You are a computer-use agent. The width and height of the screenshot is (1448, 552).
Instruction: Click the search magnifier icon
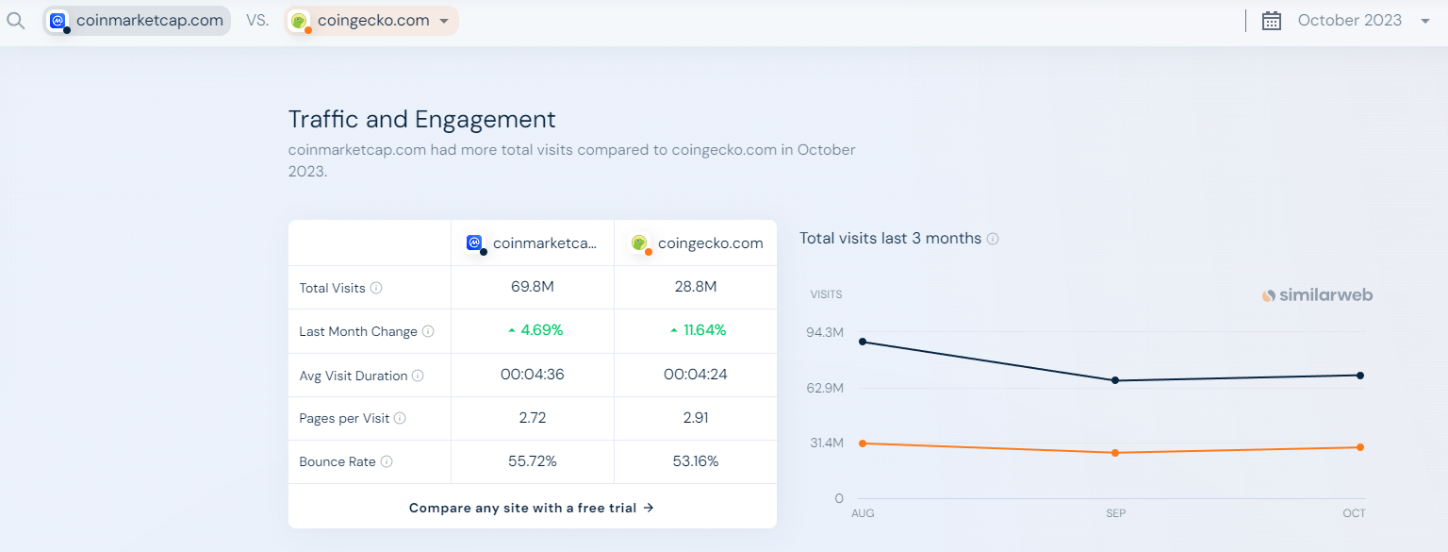click(x=15, y=21)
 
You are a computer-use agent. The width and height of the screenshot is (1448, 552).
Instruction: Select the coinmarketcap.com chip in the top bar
click(x=138, y=21)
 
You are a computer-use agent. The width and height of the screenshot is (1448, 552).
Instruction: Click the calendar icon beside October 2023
click(x=1272, y=21)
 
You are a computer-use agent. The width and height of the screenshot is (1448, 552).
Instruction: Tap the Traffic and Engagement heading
click(x=421, y=120)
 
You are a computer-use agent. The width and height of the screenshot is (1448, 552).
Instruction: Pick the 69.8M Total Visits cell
click(x=532, y=287)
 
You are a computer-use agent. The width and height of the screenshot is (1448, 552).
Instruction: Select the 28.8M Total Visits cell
click(x=696, y=287)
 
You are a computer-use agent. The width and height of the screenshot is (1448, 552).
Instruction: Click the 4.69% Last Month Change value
click(x=541, y=330)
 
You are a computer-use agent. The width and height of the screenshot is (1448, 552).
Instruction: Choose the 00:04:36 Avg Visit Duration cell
click(x=532, y=375)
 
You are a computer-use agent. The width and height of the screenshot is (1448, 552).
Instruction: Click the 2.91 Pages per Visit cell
click(x=696, y=418)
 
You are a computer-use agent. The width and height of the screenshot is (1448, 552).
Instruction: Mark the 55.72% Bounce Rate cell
click(x=532, y=461)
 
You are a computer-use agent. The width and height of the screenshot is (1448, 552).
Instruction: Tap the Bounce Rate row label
click(x=337, y=462)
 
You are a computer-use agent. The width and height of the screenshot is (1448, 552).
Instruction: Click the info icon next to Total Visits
click(x=376, y=288)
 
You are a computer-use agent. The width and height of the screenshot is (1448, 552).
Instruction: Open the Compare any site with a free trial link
click(x=532, y=508)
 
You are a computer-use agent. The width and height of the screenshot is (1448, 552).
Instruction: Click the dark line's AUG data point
click(x=863, y=342)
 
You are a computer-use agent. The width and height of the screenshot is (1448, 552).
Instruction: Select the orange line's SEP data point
click(x=1115, y=453)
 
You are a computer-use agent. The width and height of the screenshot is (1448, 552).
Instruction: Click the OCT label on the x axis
click(x=1354, y=513)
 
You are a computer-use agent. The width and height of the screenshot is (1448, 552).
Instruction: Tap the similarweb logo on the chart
click(x=1317, y=295)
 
